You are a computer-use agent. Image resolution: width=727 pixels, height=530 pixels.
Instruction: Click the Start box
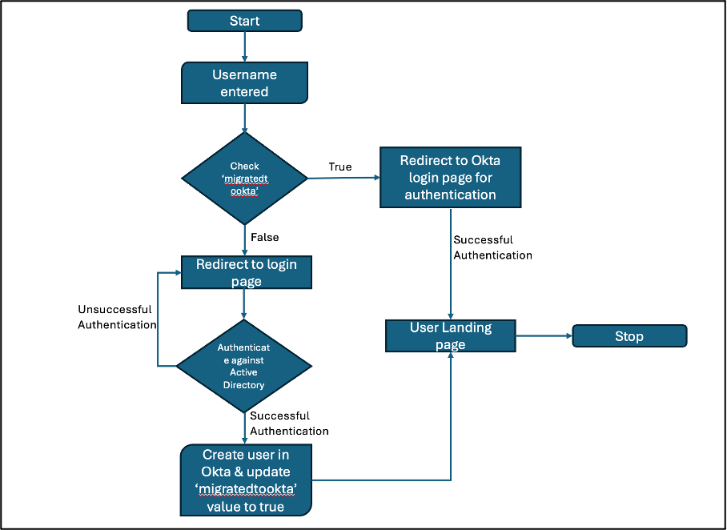click(244, 21)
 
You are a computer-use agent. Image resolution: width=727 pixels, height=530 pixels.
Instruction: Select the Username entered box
click(244, 83)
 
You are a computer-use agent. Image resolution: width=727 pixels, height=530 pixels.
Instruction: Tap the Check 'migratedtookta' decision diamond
click(244, 178)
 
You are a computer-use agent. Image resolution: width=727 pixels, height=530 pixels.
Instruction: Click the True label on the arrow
click(340, 167)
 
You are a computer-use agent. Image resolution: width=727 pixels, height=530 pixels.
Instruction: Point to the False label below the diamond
click(265, 238)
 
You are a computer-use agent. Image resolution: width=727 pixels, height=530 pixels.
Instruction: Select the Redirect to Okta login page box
click(450, 177)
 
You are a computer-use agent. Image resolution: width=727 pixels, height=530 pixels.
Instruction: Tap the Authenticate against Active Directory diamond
click(244, 366)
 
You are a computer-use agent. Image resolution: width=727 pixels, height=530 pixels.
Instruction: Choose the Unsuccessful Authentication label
click(117, 317)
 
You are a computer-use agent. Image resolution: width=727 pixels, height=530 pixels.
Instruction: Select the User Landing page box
click(450, 335)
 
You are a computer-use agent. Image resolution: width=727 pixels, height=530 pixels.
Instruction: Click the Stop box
click(629, 336)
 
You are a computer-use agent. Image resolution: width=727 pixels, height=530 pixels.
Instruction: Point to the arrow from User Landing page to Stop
click(544, 336)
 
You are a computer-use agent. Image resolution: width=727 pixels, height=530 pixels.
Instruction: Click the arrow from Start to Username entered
click(244, 47)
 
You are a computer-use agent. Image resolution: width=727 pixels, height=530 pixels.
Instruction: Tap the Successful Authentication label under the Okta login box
click(492, 247)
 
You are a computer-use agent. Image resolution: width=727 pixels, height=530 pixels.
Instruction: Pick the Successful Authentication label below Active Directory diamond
click(289, 424)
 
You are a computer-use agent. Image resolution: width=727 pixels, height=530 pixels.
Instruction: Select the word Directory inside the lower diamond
click(244, 384)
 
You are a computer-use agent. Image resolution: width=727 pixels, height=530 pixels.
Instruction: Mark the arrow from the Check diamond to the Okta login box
click(343, 178)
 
